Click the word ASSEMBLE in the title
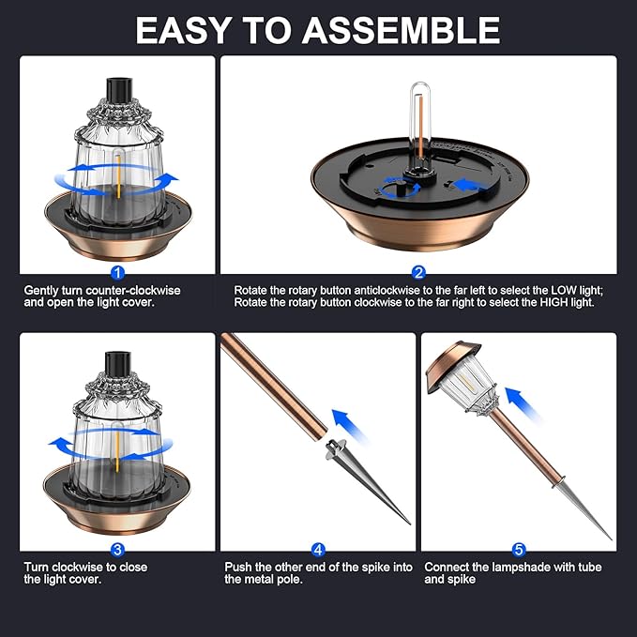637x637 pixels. click(401, 30)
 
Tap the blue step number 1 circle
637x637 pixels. click(117, 273)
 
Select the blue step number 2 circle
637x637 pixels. click(418, 273)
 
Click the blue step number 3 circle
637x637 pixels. click(117, 550)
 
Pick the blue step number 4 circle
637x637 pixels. click(318, 550)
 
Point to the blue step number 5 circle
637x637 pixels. click(519, 550)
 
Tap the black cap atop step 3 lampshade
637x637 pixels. click(118, 364)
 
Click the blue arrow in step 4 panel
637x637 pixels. click(349, 426)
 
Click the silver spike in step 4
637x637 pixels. click(367, 480)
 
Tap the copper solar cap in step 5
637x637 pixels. click(451, 366)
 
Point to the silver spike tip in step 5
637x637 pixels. click(611, 539)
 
